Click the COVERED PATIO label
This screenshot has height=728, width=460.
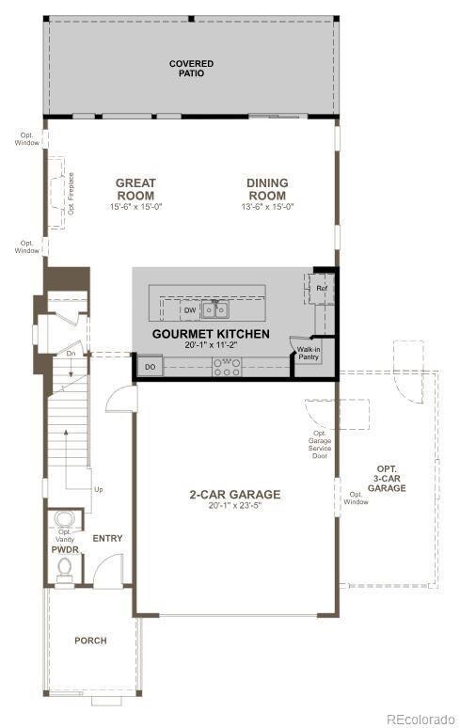click(191, 69)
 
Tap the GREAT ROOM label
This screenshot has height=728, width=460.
click(135, 189)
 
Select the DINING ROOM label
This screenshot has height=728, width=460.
click(267, 189)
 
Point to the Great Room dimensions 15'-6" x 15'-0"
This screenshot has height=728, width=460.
click(135, 207)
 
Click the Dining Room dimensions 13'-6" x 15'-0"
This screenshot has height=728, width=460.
click(267, 207)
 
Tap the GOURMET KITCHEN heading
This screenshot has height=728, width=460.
click(211, 334)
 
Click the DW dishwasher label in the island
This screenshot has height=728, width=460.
click(189, 309)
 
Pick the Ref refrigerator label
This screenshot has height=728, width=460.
click(321, 288)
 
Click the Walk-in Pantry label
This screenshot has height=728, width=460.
click(309, 353)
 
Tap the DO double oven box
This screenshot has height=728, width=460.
click(149, 367)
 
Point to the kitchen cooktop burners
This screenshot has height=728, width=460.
click(227, 368)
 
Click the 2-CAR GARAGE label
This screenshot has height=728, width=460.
click(234, 495)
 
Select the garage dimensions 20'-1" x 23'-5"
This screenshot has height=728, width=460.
click(234, 506)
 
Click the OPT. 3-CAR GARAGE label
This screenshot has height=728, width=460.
click(386, 479)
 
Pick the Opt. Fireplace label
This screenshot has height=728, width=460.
click(71, 194)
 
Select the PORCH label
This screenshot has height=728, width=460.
click(90, 641)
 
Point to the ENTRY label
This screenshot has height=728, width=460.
click(107, 538)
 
